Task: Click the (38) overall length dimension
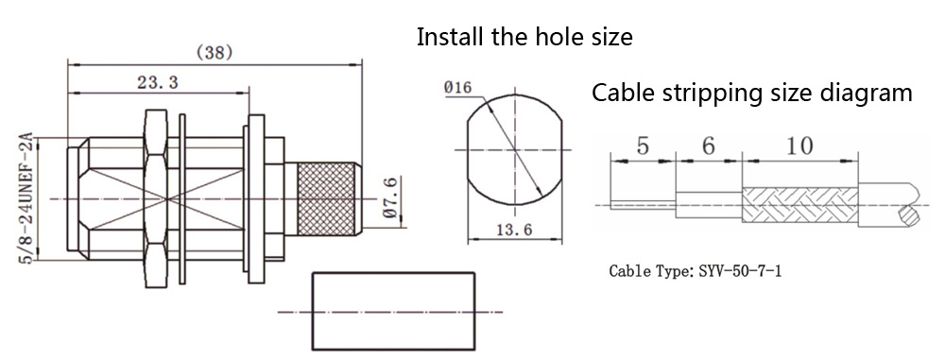click(x=215, y=53)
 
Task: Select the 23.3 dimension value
click(x=157, y=82)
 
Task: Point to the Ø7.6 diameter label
click(x=390, y=197)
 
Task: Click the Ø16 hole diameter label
click(x=457, y=88)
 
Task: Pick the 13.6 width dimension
click(x=514, y=231)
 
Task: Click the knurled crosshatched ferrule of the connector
click(x=326, y=198)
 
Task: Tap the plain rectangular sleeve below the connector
click(x=393, y=311)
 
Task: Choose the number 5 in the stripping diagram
click(x=643, y=146)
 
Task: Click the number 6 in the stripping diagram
click(x=708, y=146)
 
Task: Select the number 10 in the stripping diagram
click(x=799, y=146)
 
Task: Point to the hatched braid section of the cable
click(x=799, y=205)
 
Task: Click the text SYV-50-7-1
click(x=740, y=271)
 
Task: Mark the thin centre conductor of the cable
click(x=643, y=205)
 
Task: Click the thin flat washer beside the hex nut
click(x=182, y=199)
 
